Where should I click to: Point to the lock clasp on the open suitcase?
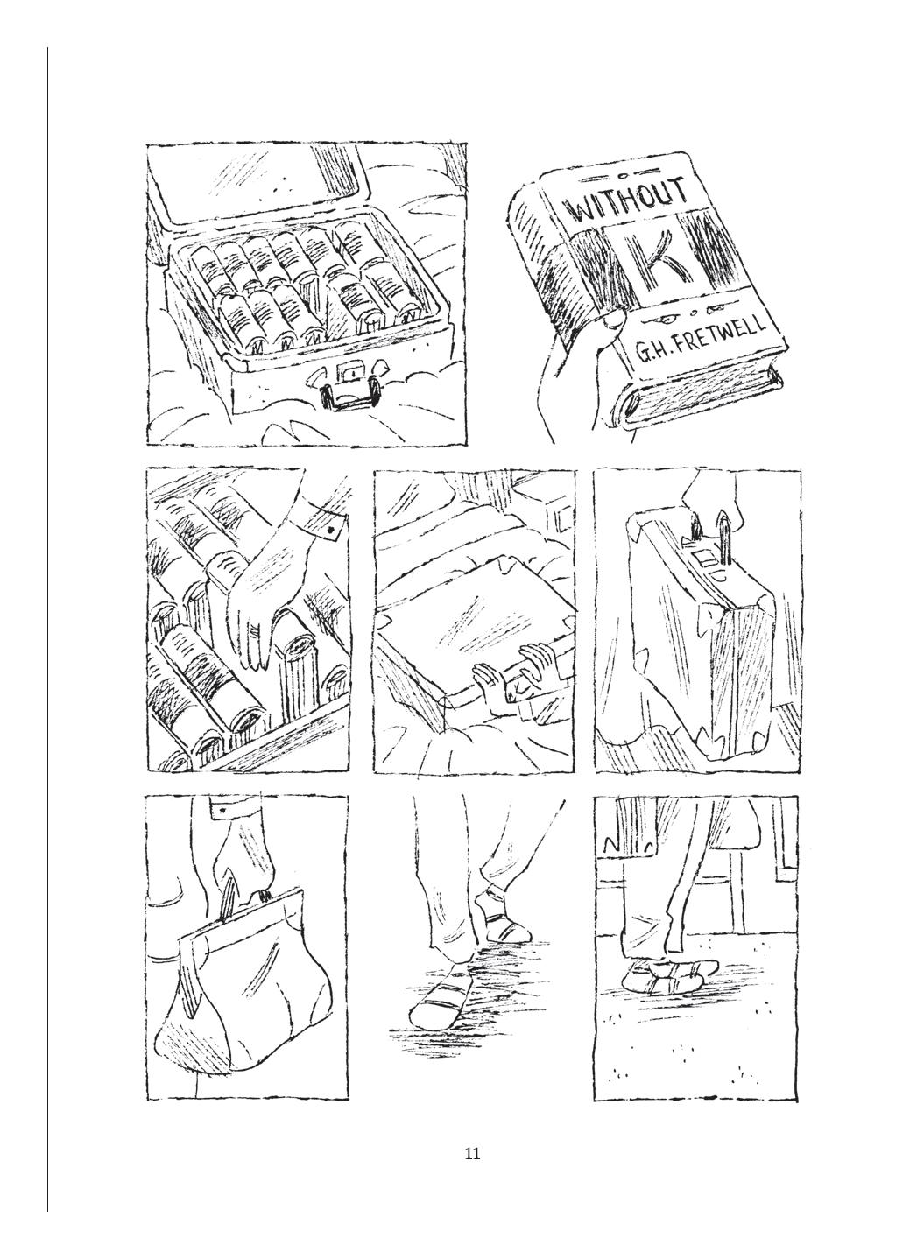(x=349, y=371)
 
